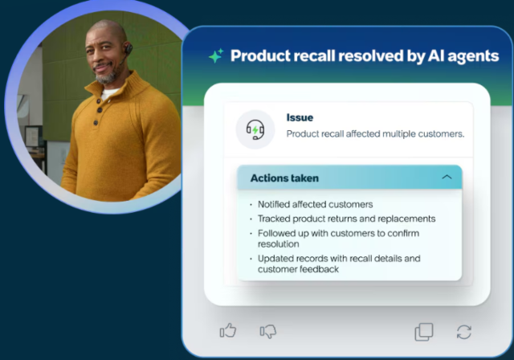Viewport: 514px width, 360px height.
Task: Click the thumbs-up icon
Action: pyautogui.click(x=228, y=331)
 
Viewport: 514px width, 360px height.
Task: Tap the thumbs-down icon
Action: pyautogui.click(x=268, y=331)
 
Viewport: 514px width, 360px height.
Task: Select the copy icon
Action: pyautogui.click(x=423, y=331)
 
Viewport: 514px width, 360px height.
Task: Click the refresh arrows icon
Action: pyautogui.click(x=463, y=331)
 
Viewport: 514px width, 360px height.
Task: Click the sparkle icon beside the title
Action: pyautogui.click(x=215, y=56)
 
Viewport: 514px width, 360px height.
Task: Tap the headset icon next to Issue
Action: pyautogui.click(x=255, y=129)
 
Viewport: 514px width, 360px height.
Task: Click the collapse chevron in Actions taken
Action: pyautogui.click(x=447, y=178)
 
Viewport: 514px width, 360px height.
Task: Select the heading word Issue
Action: pyautogui.click(x=300, y=118)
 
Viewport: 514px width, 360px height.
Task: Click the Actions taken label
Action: pyautogui.click(x=284, y=178)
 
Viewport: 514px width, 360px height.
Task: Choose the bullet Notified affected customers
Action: pyautogui.click(x=315, y=204)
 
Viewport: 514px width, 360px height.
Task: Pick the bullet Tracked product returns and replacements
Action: pyautogui.click(x=346, y=218)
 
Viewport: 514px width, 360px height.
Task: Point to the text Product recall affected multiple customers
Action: pyautogui.click(x=375, y=134)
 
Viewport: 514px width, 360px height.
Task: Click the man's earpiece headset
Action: pyautogui.click(x=127, y=51)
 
